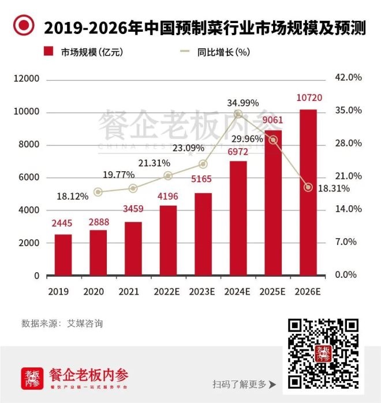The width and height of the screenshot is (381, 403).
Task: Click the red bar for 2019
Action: [x=63, y=255]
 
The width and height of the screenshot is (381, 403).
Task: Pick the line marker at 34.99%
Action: [x=238, y=114]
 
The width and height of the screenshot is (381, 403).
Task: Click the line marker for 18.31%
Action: [x=308, y=187]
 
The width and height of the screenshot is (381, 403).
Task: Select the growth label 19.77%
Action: [x=119, y=174]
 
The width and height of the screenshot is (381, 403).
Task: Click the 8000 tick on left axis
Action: [x=27, y=144]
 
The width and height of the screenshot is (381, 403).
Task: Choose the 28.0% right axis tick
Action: [x=348, y=144]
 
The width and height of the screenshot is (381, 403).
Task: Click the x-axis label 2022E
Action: [x=168, y=292]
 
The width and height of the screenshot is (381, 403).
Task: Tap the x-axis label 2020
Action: [x=98, y=292]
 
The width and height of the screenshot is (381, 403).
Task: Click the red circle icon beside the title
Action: [x=24, y=25]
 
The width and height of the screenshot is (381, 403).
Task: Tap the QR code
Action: [x=324, y=353]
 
